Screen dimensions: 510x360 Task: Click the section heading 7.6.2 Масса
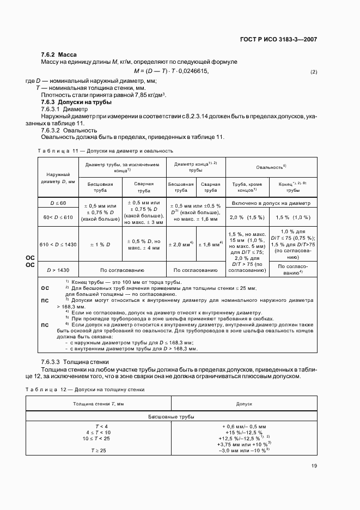[x=59, y=55]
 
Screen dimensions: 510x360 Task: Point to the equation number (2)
[x=313, y=72]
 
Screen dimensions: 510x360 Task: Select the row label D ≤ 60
[x=58, y=203]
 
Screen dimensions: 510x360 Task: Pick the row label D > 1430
[x=58, y=270]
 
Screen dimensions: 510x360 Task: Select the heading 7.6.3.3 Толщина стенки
[x=75, y=362]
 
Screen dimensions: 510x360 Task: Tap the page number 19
[x=314, y=465]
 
